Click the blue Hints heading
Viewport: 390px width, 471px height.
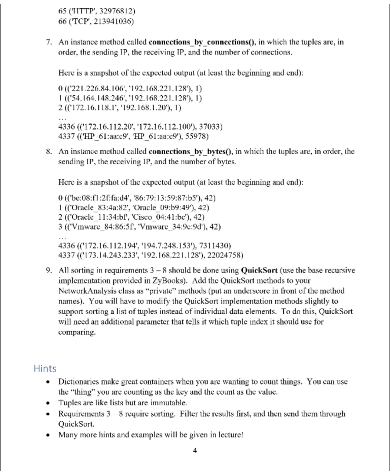click(x=45, y=368)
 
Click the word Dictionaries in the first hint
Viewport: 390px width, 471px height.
click(x=79, y=381)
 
